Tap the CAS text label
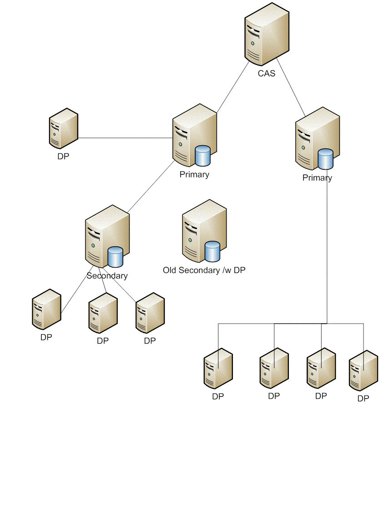click(267, 73)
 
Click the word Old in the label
click(170, 270)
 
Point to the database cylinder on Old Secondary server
click(212, 251)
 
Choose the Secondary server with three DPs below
click(106, 237)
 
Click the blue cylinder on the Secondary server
click(116, 257)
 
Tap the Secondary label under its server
click(107, 275)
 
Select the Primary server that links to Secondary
click(194, 136)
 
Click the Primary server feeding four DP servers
click(317, 139)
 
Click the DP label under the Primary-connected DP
click(63, 156)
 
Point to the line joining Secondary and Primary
click(150, 187)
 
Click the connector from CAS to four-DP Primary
click(291, 86)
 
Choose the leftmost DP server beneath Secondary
click(46, 309)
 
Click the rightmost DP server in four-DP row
click(363, 371)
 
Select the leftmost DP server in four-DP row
click(218, 368)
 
